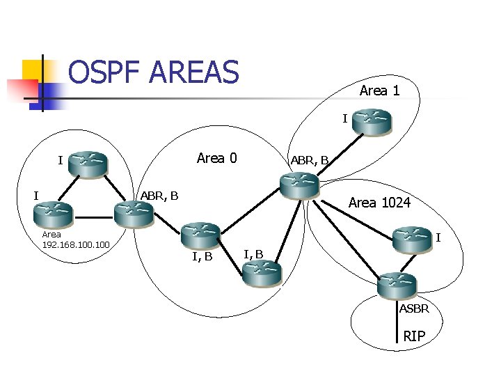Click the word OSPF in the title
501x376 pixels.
point(104,72)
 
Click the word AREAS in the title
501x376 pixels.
point(194,72)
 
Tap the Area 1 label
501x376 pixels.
point(379,91)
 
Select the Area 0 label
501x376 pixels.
point(216,158)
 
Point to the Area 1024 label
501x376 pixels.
point(379,203)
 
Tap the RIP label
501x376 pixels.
point(414,337)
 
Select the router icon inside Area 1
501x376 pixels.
point(371,122)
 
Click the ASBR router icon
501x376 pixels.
point(397,285)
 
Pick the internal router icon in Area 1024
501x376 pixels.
point(411,240)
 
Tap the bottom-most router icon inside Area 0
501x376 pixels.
point(261,274)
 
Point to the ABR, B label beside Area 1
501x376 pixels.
point(309,161)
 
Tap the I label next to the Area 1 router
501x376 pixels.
point(344,119)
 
